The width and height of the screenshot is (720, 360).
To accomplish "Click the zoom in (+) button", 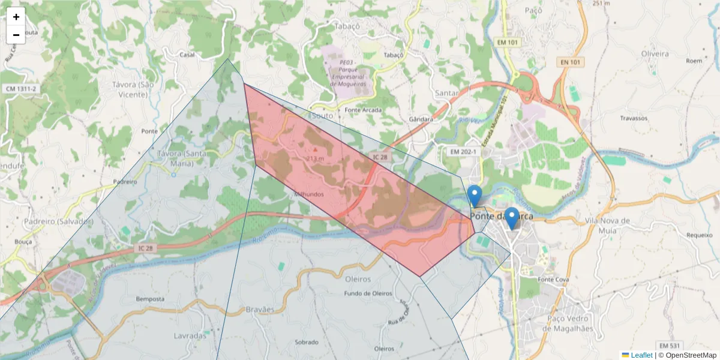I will point(16,17).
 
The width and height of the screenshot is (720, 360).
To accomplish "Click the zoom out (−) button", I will point(16,35).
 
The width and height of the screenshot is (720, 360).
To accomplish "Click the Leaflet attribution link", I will point(641,355).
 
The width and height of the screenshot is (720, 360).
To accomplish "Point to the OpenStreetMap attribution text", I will point(691,355).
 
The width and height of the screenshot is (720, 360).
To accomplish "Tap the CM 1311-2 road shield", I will point(21,89).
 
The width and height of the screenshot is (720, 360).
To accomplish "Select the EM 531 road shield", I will point(669,346).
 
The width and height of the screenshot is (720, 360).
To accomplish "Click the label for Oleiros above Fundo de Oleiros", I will point(358,279).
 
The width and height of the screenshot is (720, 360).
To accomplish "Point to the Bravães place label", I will point(260,310).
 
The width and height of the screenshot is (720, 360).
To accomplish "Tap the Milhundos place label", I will point(309,194).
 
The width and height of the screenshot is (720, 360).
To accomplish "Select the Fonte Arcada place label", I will point(364,110).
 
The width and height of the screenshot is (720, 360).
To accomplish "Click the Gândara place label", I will point(421,119).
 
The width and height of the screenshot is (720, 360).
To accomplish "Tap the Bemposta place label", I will point(150,299).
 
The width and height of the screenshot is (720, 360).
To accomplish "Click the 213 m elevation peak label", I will point(315,158).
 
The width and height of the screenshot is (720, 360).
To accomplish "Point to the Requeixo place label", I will point(698,235).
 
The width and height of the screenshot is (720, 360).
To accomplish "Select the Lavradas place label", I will point(190,335).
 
